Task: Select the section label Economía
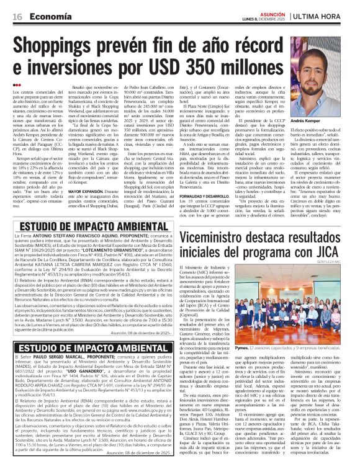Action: pos(48,16)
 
